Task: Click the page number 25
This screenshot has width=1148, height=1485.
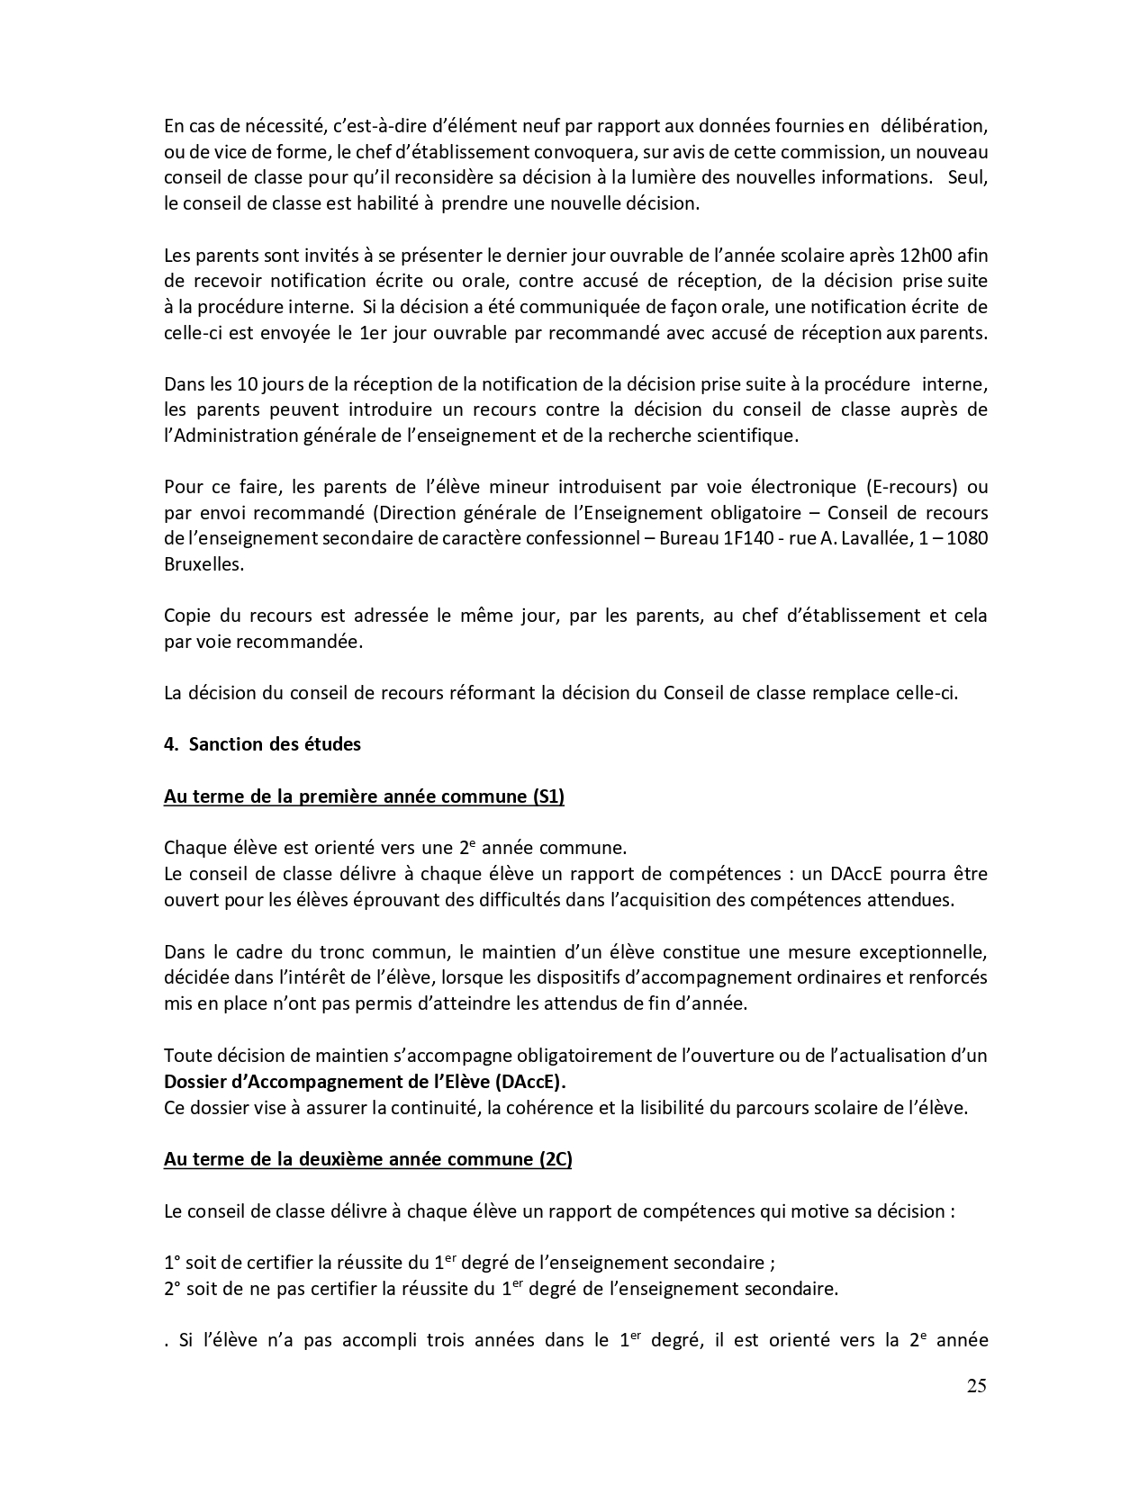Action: point(976,1385)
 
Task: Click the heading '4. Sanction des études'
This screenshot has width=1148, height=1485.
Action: point(262,744)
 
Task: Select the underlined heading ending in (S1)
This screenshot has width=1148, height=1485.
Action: point(364,796)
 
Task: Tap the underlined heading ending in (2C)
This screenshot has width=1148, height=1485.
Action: point(367,1159)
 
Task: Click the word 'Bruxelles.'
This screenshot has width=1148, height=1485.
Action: point(203,564)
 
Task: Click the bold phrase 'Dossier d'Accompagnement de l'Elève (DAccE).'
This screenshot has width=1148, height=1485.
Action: point(372,1082)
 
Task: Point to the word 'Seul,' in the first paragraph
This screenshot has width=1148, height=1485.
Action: point(968,177)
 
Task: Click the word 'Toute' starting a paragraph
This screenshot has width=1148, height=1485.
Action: point(186,1056)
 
